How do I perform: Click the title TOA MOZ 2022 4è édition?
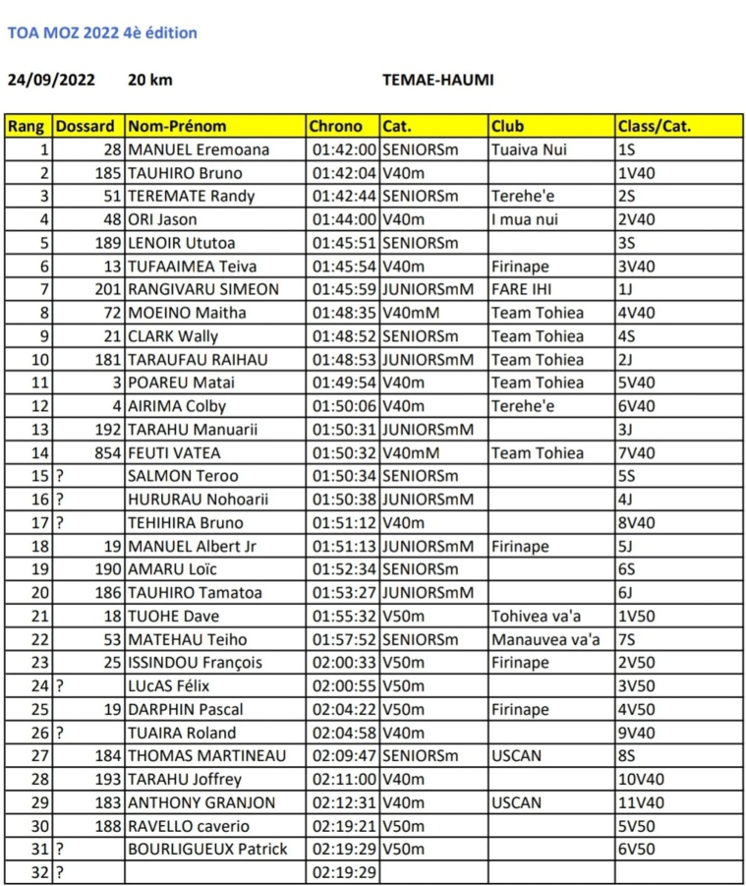coord(102,32)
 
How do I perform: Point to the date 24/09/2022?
coord(51,80)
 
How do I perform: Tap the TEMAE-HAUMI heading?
coord(437,80)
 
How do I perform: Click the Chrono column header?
coord(336,126)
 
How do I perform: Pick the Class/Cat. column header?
coord(655,126)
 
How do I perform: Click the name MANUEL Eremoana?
coord(199,149)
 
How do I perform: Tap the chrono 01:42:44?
coord(344,196)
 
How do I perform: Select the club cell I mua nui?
coord(524,219)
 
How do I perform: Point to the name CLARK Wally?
coord(174,336)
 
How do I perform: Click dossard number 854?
coord(106,452)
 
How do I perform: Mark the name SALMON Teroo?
coord(183,476)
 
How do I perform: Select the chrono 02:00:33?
coord(344,662)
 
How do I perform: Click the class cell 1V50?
coord(638,616)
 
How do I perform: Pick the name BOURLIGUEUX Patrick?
coord(207,849)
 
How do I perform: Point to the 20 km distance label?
coord(149,80)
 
